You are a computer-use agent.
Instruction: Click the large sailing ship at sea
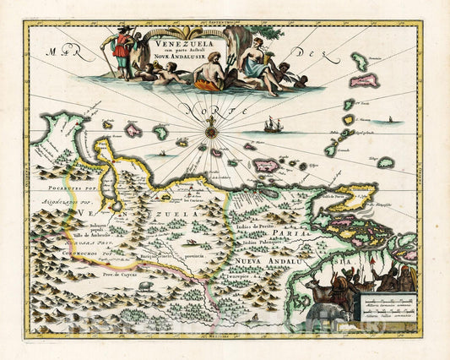coord(274,125)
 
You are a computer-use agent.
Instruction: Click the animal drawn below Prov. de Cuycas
coord(146,286)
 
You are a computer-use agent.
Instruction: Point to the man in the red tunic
coord(123,51)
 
